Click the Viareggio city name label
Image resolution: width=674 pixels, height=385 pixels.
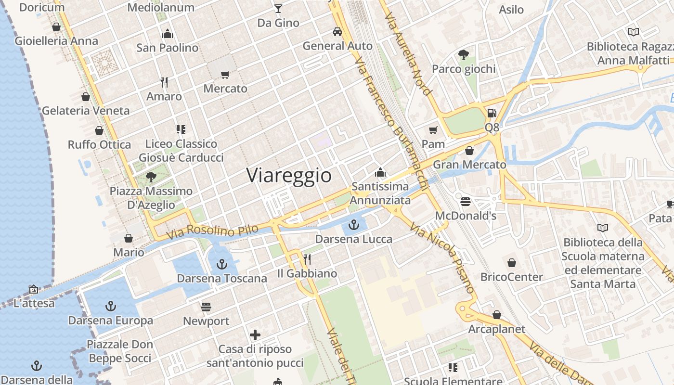289,176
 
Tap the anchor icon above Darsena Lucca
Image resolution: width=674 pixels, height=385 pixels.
354,225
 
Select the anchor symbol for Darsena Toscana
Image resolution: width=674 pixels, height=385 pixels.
221,264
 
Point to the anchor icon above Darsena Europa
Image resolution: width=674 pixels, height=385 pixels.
111,306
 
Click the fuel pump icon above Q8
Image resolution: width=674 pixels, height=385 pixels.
492,113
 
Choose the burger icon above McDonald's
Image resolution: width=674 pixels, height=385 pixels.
465,201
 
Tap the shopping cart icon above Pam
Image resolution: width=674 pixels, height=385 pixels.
433,130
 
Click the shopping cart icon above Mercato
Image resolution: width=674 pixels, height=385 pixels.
225,75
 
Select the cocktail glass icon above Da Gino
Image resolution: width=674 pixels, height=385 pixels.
278,8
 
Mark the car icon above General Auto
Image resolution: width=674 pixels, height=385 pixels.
337,32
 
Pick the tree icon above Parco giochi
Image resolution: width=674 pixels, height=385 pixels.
463,55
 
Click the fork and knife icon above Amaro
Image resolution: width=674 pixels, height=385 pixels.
164,82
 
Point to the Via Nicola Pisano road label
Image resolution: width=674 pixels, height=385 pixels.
443,257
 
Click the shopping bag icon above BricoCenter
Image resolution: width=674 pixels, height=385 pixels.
511,263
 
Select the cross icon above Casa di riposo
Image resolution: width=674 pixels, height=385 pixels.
255,334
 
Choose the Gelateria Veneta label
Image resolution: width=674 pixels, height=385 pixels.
86,111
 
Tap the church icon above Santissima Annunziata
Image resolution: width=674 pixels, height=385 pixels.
380,172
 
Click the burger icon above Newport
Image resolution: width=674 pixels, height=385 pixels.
206,307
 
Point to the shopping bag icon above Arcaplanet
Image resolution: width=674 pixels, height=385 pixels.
497,315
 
